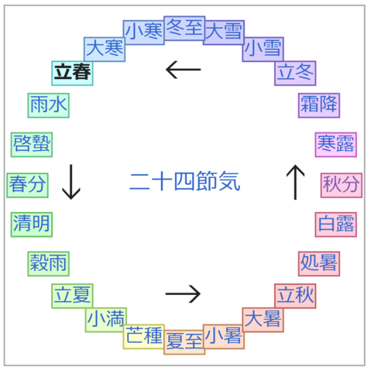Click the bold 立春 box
pyautogui.click(x=72, y=74)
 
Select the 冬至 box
pyautogui.click(x=184, y=28)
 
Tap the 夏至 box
pyautogui.click(x=184, y=342)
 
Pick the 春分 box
pyautogui.click(x=27, y=185)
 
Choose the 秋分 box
pyautogui.click(x=342, y=185)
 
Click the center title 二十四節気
pyautogui.click(x=185, y=181)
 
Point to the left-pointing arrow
pyautogui.click(x=184, y=70)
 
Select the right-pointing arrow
pyautogui.click(x=183, y=293)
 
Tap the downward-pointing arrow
pyautogui.click(x=71, y=182)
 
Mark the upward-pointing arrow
pyautogui.click(x=295, y=182)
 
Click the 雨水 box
pyautogui.click(x=49, y=105)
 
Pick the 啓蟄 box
pyautogui.click(x=32, y=145)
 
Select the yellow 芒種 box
pyautogui.click(x=144, y=337)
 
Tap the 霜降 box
pyautogui.click(x=319, y=105)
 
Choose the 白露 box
pyautogui.click(x=336, y=224)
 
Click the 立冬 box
pyautogui.click(x=295, y=74)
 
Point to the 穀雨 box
pyautogui.click(x=49, y=264)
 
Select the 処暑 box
pyautogui.click(x=319, y=264)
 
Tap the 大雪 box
pyautogui.click(x=224, y=33)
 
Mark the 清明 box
pyautogui.click(x=32, y=224)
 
